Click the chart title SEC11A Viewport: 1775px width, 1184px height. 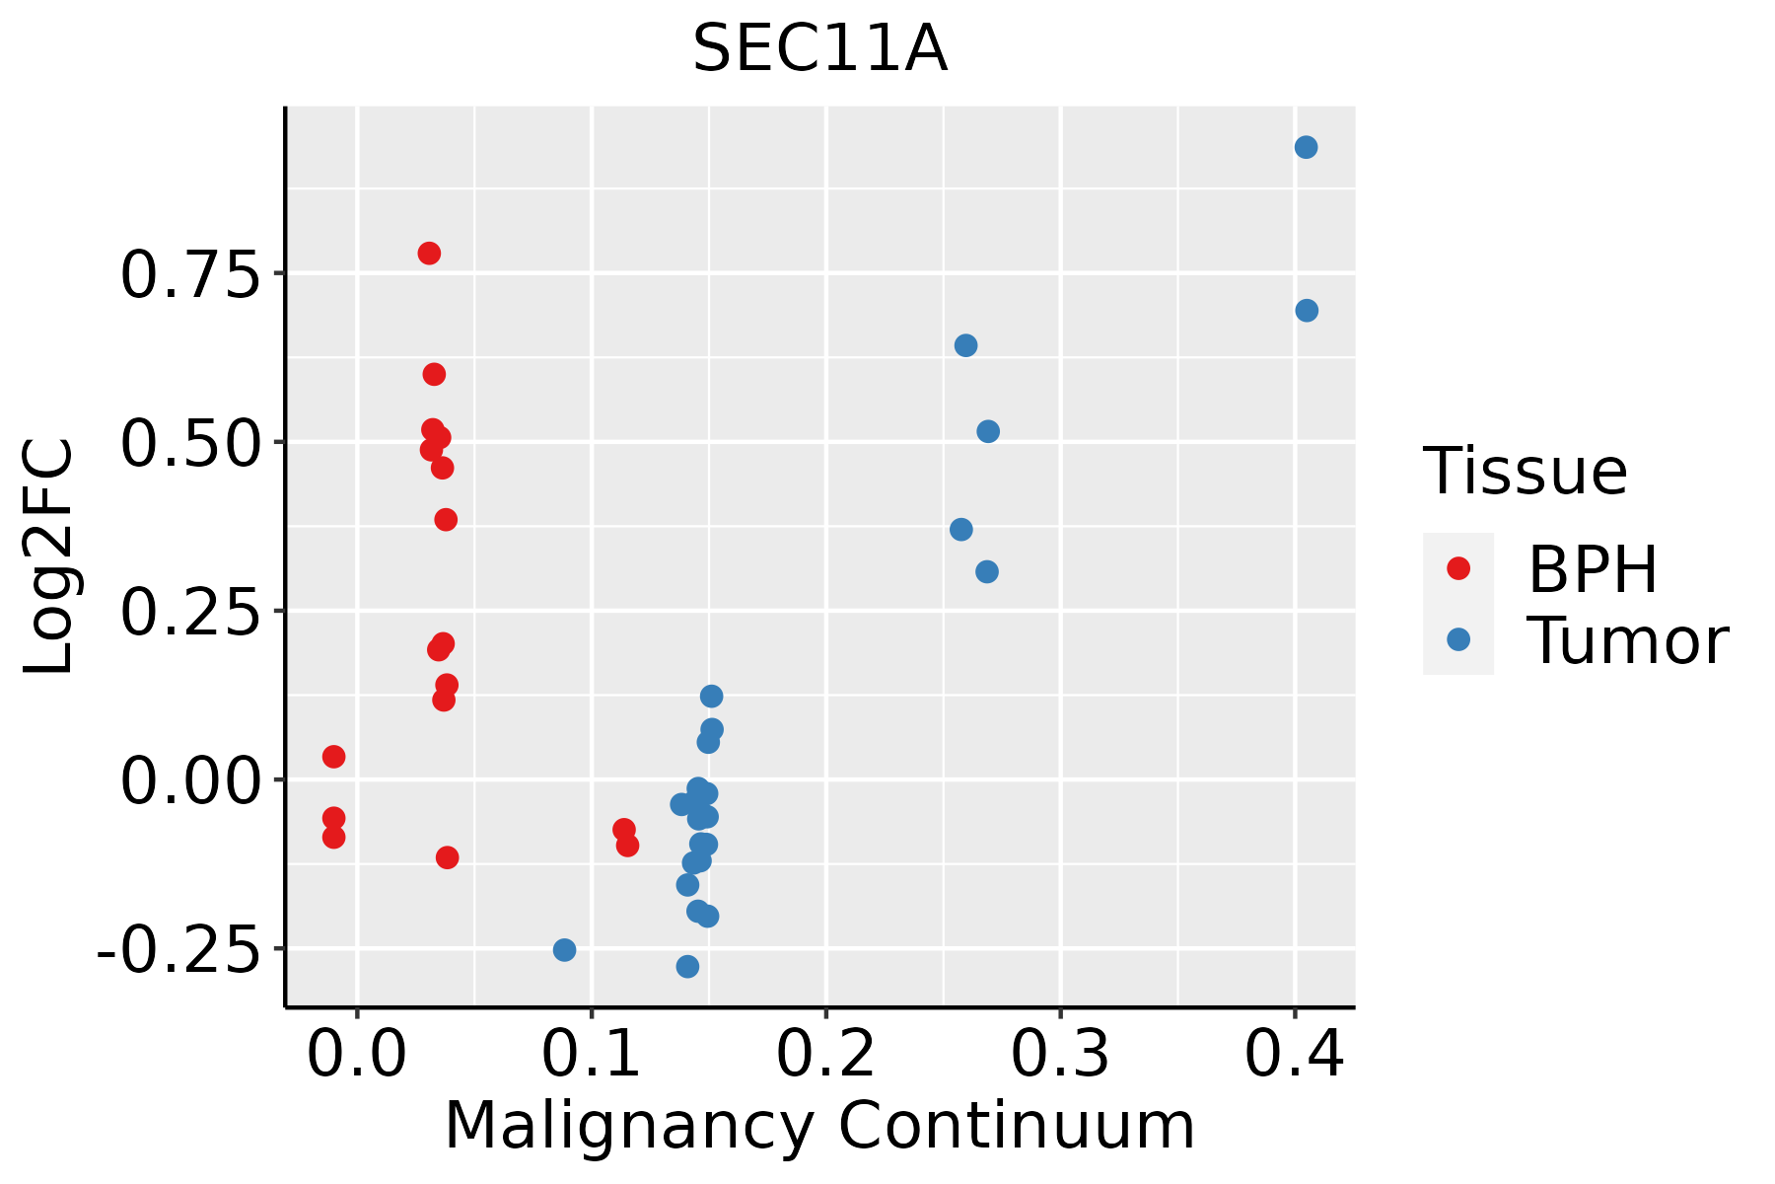[x=819, y=49]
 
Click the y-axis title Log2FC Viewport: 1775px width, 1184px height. [x=49, y=557]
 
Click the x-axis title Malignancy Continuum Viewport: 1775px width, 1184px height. [x=819, y=1127]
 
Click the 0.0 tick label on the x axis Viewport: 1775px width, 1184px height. [x=356, y=1054]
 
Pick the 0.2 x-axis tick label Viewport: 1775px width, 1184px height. [x=825, y=1054]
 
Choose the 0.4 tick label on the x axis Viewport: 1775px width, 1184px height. [x=1294, y=1054]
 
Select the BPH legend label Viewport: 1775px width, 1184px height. [x=1593, y=569]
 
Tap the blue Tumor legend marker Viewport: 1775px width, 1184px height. [x=1457, y=639]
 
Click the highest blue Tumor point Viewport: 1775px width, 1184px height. [x=1306, y=148]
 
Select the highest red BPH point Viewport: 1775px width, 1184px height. [x=429, y=254]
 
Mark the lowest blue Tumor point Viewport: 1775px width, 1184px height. [x=687, y=967]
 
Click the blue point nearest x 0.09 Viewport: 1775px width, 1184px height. [x=564, y=950]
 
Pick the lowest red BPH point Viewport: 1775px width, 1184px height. [x=447, y=857]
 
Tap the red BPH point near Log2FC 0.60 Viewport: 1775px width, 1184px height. [x=434, y=374]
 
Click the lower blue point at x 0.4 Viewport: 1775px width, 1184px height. [x=1307, y=311]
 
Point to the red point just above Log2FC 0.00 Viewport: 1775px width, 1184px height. [x=333, y=757]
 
